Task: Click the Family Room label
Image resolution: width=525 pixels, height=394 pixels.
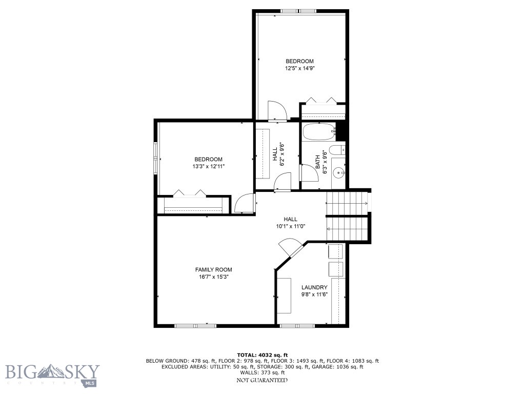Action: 213,269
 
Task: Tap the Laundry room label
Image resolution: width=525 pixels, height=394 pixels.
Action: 314,287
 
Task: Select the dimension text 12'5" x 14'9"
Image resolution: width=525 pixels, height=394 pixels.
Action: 299,68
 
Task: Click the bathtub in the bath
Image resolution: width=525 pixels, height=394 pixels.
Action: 318,132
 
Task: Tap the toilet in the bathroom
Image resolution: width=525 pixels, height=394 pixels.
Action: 336,151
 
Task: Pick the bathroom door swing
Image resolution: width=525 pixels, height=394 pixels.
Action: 308,173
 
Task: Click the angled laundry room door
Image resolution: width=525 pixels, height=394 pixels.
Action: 291,247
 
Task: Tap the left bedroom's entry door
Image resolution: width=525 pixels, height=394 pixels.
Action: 243,203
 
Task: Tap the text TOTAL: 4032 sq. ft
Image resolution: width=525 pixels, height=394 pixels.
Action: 262,354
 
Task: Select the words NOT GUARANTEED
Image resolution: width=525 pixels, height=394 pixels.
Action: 262,380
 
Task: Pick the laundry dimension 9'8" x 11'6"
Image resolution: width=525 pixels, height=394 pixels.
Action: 314,294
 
